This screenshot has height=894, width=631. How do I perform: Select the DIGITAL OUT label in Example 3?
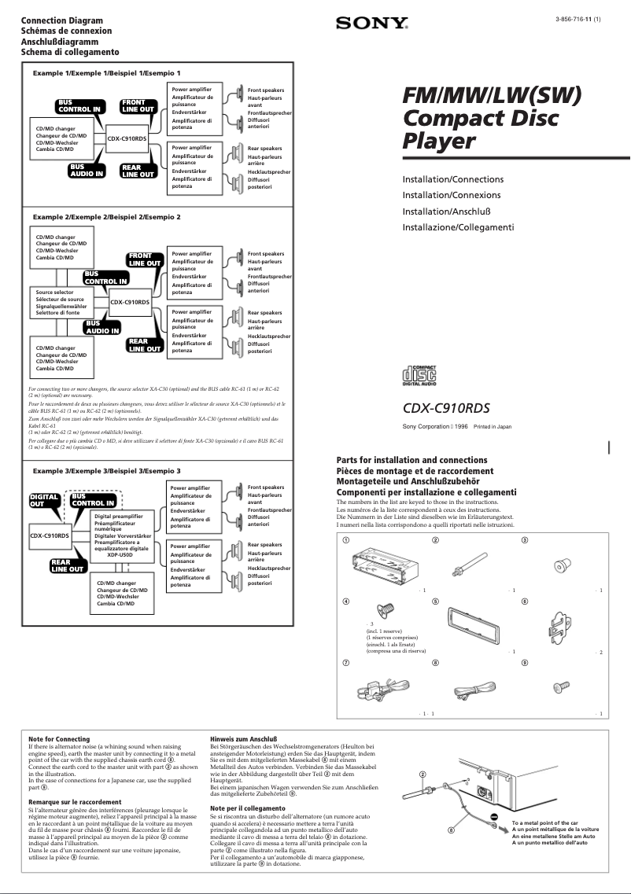pyautogui.click(x=43, y=501)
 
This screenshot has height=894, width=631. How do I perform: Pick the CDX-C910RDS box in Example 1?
pyautogui.click(x=127, y=138)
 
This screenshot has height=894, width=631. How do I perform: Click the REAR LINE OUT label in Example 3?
pyautogui.click(x=67, y=566)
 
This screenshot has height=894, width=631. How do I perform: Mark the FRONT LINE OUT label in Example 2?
pyautogui.click(x=144, y=259)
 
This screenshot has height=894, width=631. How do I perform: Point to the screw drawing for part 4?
pyautogui.click(x=386, y=609)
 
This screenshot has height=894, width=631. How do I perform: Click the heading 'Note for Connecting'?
pyautogui.click(x=59, y=739)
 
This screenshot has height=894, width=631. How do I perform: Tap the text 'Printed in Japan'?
pyautogui.click(x=493, y=426)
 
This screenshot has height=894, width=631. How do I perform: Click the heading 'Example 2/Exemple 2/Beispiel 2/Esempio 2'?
pyautogui.click(x=106, y=216)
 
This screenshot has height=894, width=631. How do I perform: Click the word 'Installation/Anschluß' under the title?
pyautogui.click(x=448, y=211)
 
